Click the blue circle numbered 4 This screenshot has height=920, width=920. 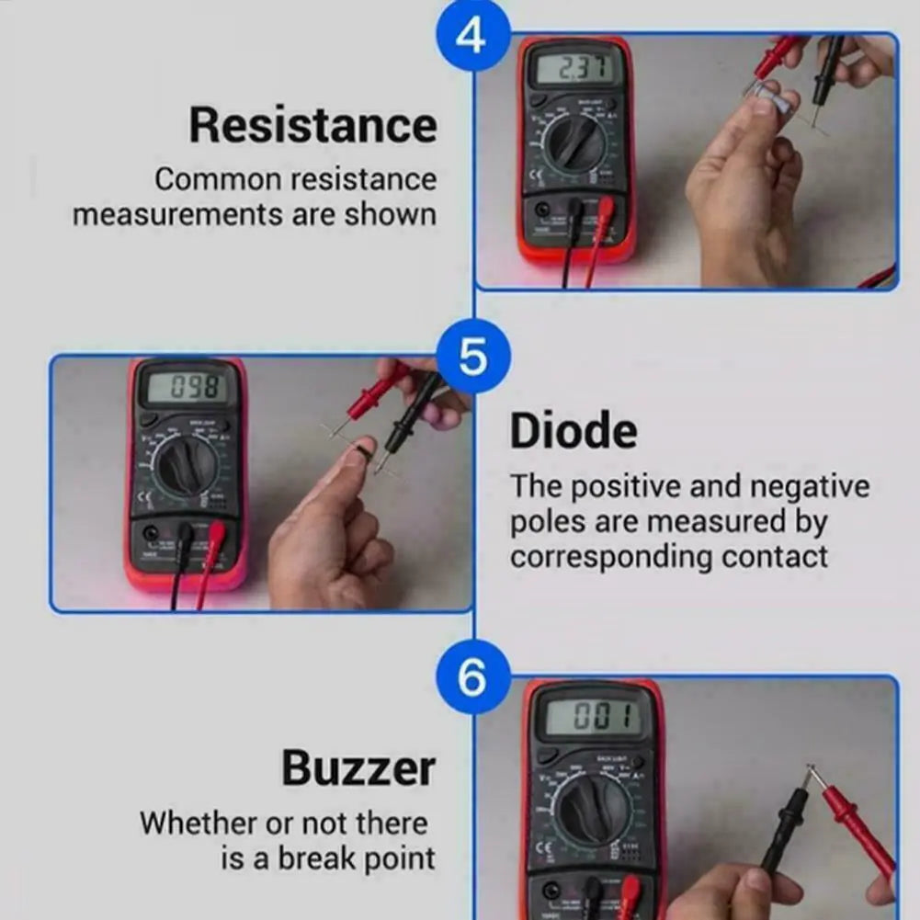pyautogui.click(x=471, y=36)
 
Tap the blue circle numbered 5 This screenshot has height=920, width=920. pyautogui.click(x=472, y=358)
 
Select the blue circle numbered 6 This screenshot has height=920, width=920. pyautogui.click(x=471, y=679)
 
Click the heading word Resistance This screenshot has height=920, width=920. pyautogui.click(x=312, y=126)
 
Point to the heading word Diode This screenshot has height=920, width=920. pyautogui.click(x=573, y=431)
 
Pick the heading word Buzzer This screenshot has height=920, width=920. pyautogui.click(x=358, y=767)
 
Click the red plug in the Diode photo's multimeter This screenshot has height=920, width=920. pyautogui.click(x=216, y=534)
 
